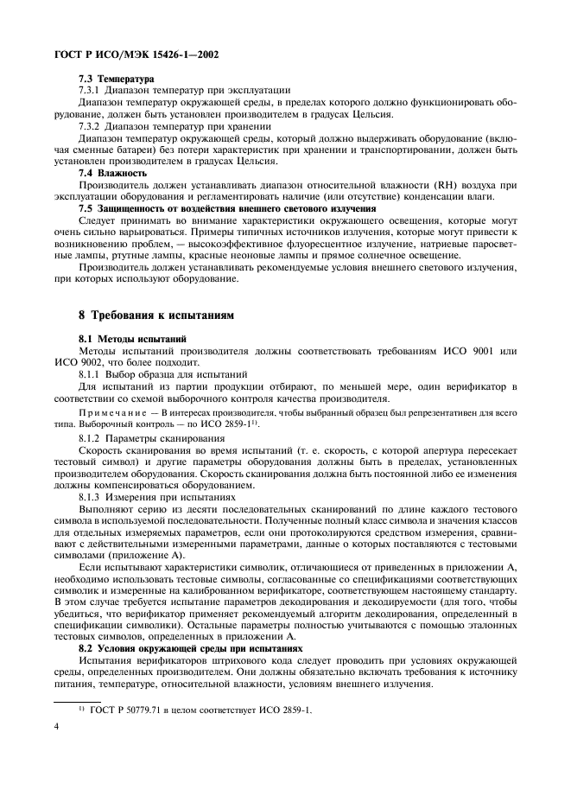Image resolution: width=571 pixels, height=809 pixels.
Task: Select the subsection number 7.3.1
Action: pyautogui.click(x=91, y=91)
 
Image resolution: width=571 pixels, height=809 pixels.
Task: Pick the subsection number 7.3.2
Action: pyautogui.click(x=91, y=125)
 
